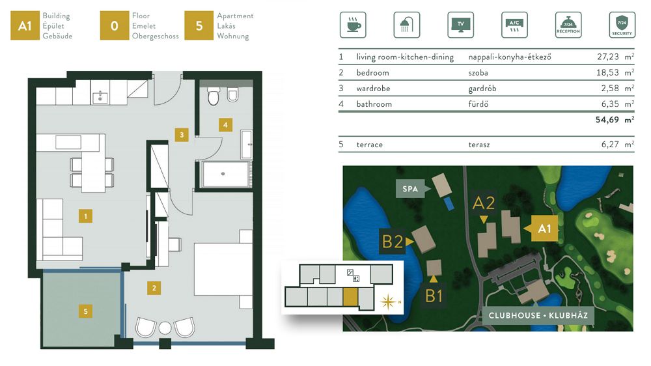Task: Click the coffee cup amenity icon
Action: coord(353,25)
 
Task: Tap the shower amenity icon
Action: coord(406,25)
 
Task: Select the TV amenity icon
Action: coord(460,25)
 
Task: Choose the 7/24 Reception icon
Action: coord(568,25)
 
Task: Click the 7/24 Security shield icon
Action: coord(622,25)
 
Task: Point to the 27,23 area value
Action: coord(608,57)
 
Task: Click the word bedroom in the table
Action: coord(372,73)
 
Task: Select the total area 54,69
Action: coord(607,120)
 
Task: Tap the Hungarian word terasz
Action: coord(478,145)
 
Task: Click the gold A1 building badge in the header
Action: coord(25,26)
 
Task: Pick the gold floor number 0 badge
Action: coord(114,26)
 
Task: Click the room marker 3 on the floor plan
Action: coord(182,135)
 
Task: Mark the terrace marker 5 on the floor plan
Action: coord(85,311)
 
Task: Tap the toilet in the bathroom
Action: coord(214,96)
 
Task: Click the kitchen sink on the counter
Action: coord(100,98)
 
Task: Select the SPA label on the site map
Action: coord(409,189)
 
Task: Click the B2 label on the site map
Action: coord(393,242)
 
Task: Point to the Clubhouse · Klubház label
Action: coord(538,315)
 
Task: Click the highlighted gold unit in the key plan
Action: coord(350,297)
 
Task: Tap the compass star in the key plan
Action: coord(388,302)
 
